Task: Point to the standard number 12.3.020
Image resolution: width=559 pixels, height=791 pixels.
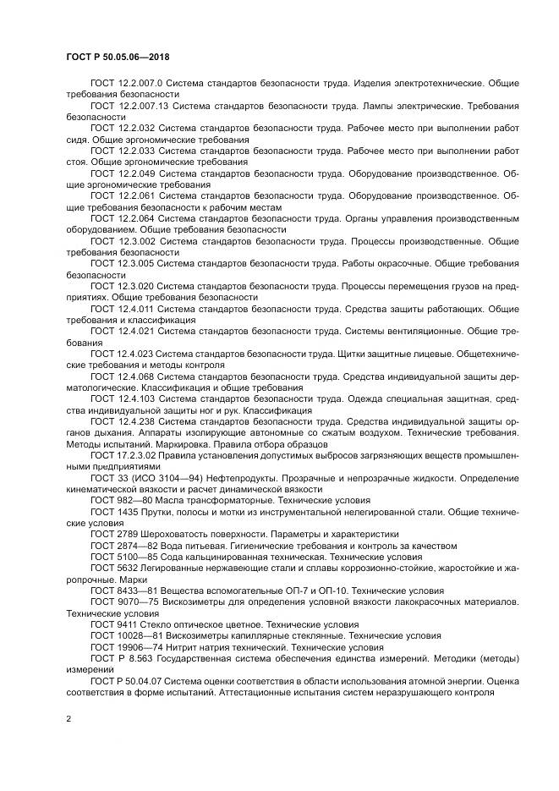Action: pos(135,287)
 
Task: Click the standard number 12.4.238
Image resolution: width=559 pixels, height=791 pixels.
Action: pos(136,420)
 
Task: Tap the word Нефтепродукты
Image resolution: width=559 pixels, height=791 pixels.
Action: pos(231,478)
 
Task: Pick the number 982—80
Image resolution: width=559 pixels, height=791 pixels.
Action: pos(128,501)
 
